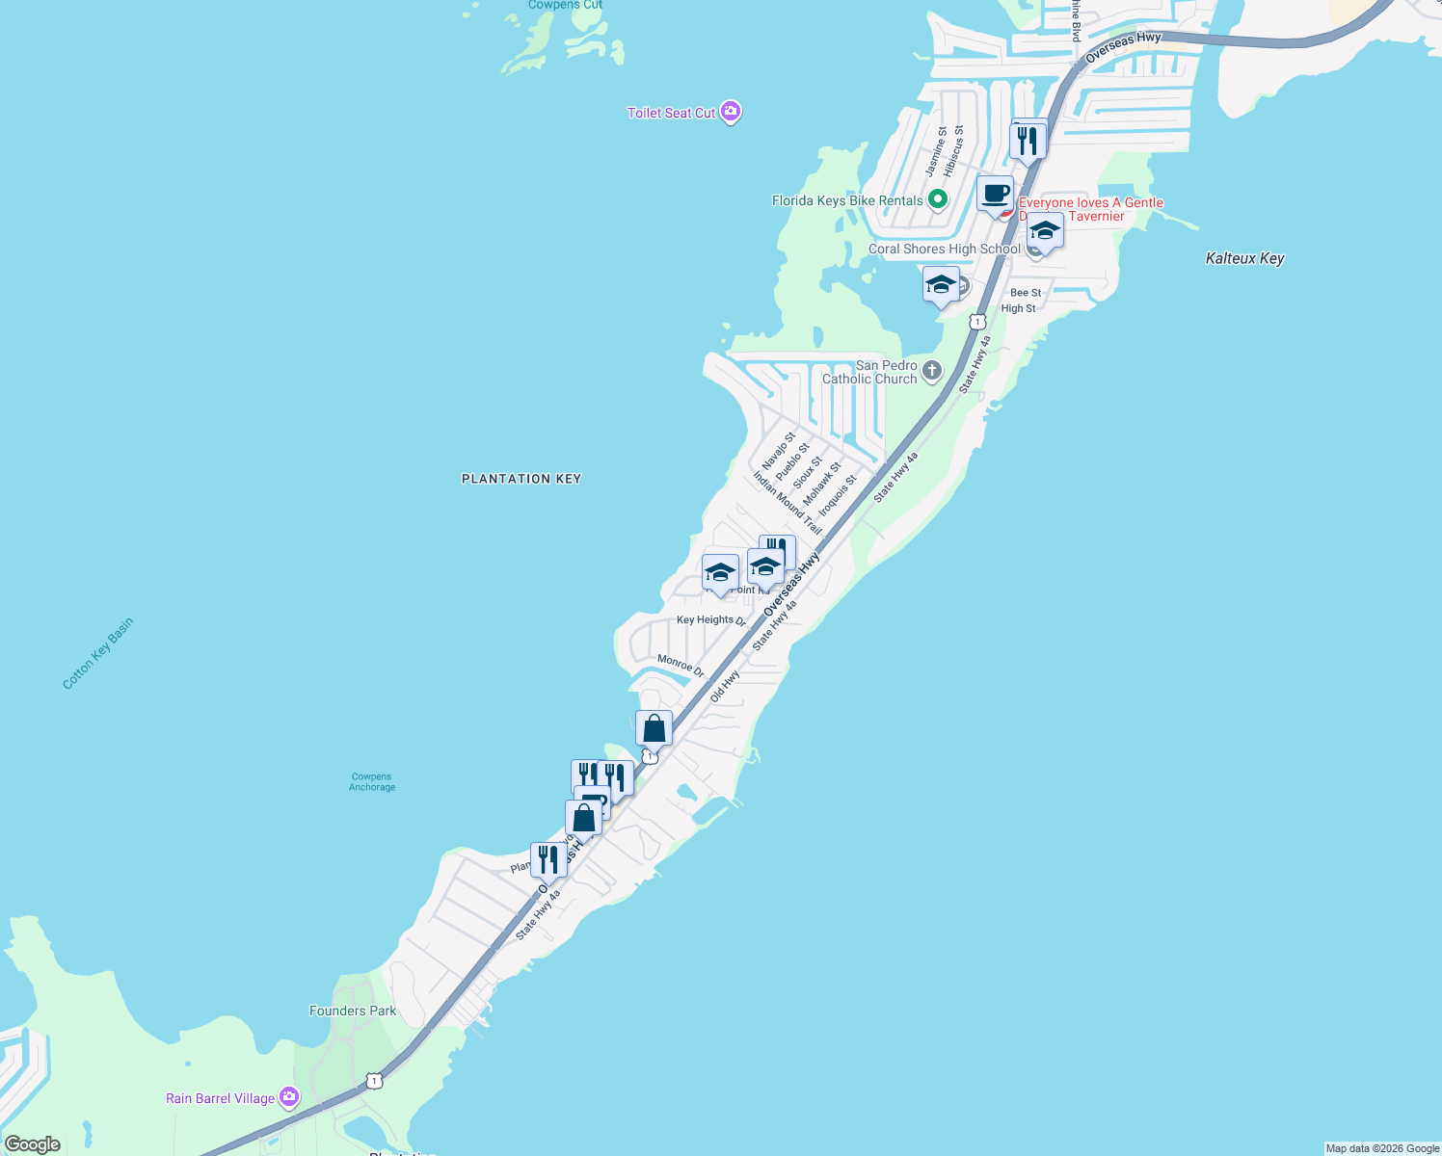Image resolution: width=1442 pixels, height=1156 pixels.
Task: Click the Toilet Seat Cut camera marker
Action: pos(731,113)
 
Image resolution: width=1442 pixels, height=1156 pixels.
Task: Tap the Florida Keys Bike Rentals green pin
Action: pos(937,200)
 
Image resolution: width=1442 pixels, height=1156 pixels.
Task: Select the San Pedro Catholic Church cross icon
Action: pos(931,371)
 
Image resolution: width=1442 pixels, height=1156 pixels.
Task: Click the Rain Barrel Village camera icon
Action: pos(288,1097)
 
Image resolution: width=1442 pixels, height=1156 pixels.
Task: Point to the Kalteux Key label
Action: pos(1244,258)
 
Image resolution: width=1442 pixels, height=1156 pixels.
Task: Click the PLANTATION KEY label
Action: pos(521,479)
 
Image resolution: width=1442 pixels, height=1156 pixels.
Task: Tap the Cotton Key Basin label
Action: pos(97,654)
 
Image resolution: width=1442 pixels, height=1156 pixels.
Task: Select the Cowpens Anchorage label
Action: pos(372,781)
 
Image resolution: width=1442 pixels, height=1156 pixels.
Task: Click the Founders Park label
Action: pos(353,1011)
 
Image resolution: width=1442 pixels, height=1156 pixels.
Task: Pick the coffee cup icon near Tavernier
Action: pos(996,194)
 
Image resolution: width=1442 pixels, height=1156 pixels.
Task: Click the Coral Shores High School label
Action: pos(944,249)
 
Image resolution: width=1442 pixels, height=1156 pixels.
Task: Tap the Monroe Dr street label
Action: pos(681,665)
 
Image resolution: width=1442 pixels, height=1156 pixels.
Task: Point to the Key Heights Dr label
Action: pos(711,620)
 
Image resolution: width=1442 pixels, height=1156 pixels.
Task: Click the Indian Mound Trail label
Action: pos(787,502)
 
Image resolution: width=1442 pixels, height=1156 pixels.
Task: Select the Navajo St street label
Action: pos(779,450)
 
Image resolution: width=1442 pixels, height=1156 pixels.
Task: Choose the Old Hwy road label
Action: pos(724,686)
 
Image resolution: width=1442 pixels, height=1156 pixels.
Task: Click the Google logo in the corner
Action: pos(33,1143)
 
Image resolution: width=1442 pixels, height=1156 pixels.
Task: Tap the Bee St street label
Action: pos(1026,293)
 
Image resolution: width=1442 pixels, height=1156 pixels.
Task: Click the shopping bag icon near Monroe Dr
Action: pos(654,729)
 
